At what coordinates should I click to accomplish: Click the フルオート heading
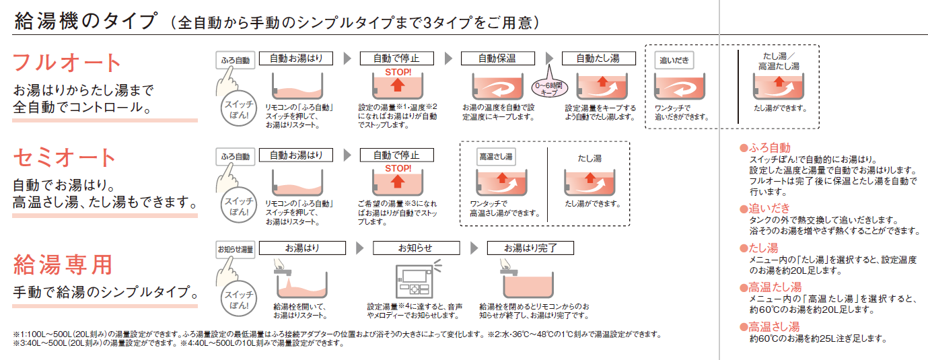click(67, 63)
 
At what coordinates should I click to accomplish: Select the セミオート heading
click(64, 158)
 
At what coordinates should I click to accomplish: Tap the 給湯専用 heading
click(63, 265)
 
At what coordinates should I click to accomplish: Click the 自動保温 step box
click(497, 59)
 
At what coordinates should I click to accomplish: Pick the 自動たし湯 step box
click(599, 59)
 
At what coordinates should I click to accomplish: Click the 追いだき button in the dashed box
click(674, 61)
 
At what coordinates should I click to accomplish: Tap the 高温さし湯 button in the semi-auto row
click(496, 157)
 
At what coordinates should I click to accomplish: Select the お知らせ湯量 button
click(236, 250)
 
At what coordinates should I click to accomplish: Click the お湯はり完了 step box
click(530, 248)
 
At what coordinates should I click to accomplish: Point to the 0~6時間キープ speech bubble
click(549, 88)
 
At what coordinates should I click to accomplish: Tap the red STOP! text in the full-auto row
click(398, 72)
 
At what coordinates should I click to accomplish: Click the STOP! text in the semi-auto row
click(398, 169)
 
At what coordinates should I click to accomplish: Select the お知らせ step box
click(417, 248)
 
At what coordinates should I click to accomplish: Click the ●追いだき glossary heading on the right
click(764, 209)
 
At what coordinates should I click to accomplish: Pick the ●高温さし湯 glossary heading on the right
click(770, 327)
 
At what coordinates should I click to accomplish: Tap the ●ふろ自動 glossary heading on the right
click(765, 148)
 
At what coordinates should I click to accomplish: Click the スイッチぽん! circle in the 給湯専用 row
click(239, 299)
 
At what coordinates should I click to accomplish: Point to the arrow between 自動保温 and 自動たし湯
click(549, 59)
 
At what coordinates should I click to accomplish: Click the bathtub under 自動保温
click(497, 86)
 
